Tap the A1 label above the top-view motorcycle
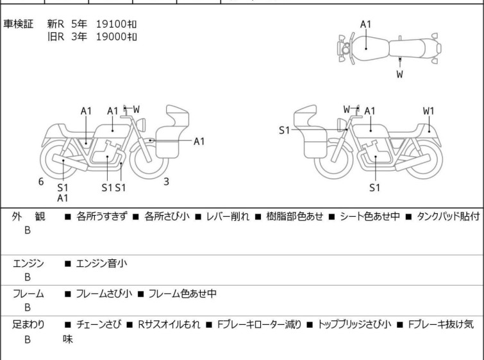365,24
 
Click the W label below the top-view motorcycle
400,74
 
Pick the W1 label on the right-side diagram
428,111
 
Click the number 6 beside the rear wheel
41,182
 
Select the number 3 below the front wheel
166,182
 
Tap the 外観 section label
29,217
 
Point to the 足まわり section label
29,325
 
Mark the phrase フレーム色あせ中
182,294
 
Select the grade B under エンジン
28,277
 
